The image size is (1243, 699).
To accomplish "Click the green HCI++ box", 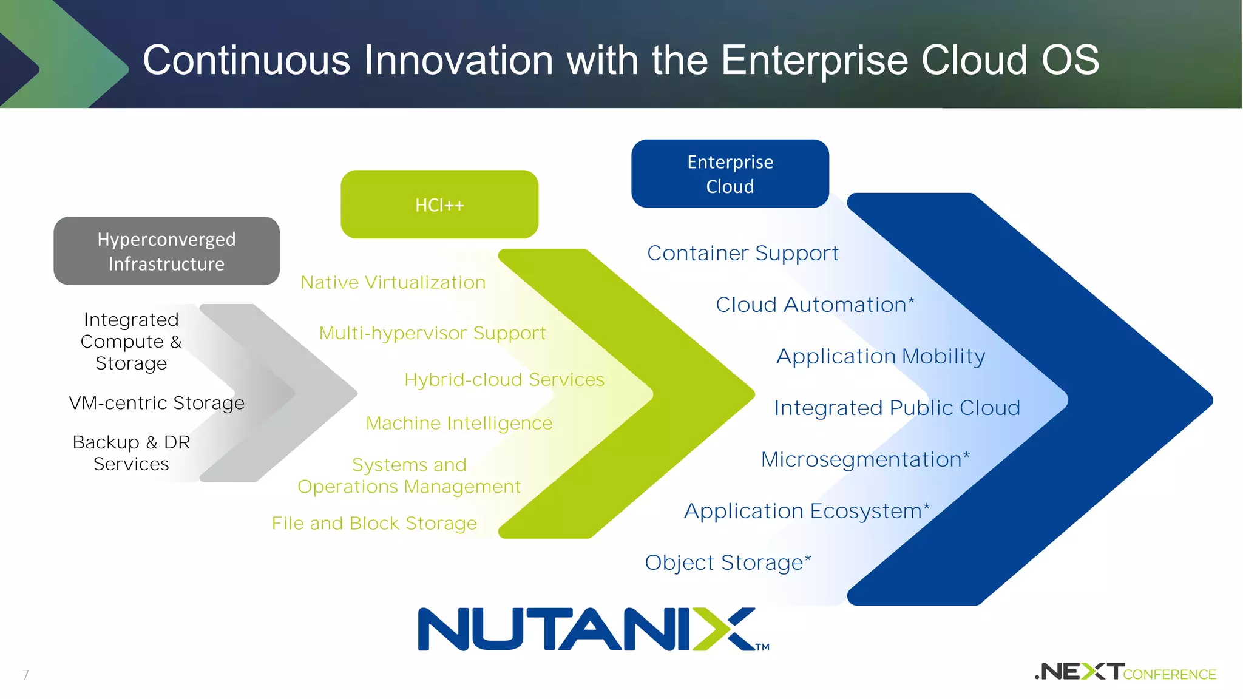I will click(x=439, y=204).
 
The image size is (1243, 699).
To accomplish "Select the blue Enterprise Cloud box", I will click(x=730, y=174).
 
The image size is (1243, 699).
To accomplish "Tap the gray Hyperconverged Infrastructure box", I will click(x=166, y=251).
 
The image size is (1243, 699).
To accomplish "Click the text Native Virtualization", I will click(x=393, y=283).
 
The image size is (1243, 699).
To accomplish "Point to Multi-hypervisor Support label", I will click(x=432, y=333).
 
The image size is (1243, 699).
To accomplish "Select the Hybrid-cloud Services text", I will click(x=504, y=380).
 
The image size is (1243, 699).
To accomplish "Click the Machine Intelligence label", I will click(x=459, y=423).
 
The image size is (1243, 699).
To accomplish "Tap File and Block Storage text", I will click(x=374, y=523).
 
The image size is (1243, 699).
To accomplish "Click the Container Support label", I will click(x=742, y=253).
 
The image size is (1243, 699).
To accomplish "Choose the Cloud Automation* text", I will click(x=815, y=305).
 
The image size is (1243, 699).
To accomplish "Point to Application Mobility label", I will click(x=881, y=356).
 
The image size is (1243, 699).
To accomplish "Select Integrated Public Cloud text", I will click(x=897, y=408).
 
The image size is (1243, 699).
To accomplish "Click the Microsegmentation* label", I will click(x=865, y=459).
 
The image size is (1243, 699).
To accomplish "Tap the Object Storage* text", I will click(x=727, y=562).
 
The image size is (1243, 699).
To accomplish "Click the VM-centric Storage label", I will click(x=157, y=403).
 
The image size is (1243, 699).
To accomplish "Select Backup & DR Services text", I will click(x=131, y=453).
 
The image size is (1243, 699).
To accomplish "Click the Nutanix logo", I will click(x=593, y=629).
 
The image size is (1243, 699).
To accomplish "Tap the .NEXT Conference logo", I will click(x=1125, y=672).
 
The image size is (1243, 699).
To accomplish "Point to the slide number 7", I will click(x=25, y=674).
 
